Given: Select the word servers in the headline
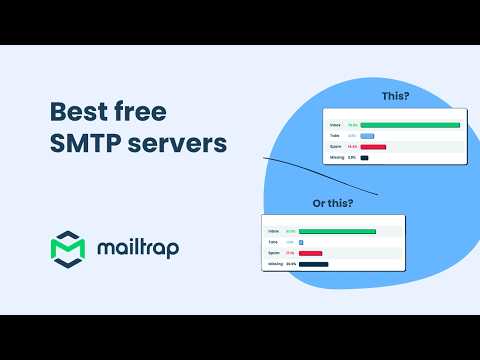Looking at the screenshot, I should [177, 143].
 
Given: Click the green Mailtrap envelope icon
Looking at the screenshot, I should [68, 248].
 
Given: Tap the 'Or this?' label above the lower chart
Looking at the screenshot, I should [333, 203].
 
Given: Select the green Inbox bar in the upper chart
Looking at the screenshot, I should [410, 125].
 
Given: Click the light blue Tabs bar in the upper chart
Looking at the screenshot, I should [367, 136].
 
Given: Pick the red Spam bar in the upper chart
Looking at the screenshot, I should [373, 147].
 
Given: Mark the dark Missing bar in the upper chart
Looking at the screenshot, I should [365, 158].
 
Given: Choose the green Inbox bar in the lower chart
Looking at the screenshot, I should [337, 231].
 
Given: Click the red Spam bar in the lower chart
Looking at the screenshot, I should [310, 253].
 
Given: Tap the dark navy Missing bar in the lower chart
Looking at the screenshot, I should [313, 264].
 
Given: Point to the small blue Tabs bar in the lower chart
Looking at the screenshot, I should [301, 242].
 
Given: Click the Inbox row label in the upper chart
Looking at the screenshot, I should [335, 125].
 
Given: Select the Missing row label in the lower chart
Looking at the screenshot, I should [273, 264].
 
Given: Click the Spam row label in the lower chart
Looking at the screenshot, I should [272, 253].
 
